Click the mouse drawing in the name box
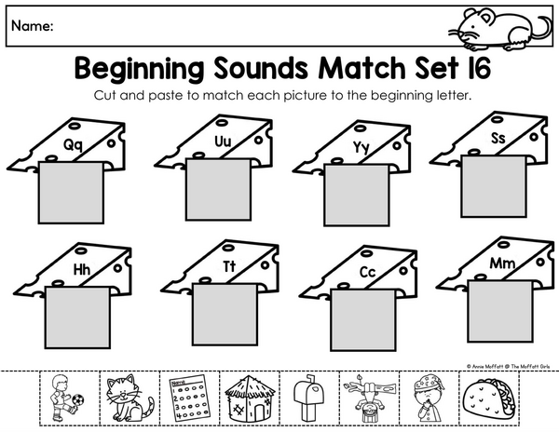click(x=499, y=30)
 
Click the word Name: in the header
click(x=33, y=26)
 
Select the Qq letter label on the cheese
click(x=73, y=145)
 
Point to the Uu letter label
click(x=224, y=142)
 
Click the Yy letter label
click(x=361, y=147)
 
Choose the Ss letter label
click(x=498, y=138)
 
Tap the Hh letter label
click(x=82, y=270)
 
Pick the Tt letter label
click(x=229, y=266)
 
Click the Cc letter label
click(x=368, y=272)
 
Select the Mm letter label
click(x=502, y=263)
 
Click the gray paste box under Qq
click(x=71, y=193)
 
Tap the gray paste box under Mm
click(x=499, y=312)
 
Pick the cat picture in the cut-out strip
click(x=130, y=398)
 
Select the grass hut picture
click(x=250, y=398)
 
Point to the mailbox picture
click(x=309, y=398)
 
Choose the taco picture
click(x=489, y=398)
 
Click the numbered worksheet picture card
click(x=190, y=398)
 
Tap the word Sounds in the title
click(x=261, y=68)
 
